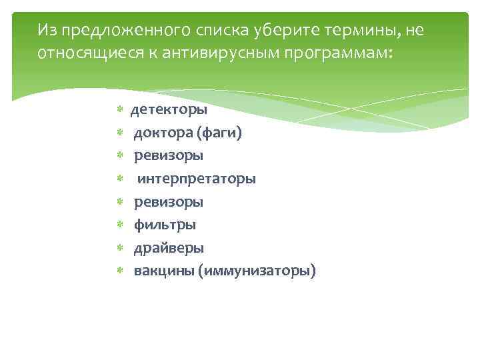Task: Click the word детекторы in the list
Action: click(168, 109)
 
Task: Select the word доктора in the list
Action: click(163, 133)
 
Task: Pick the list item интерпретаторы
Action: click(196, 179)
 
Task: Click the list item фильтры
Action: click(165, 225)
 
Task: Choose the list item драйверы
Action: click(169, 248)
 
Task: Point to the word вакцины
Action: click(163, 271)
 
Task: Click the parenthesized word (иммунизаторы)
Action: click(257, 271)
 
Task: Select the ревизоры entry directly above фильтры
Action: click(169, 202)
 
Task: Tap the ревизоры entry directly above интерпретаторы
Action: click(169, 156)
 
